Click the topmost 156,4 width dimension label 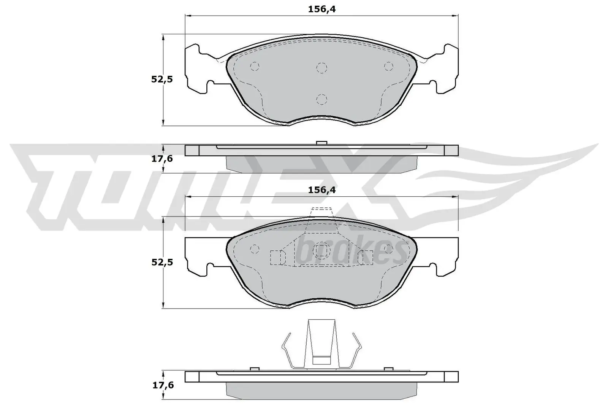point(321,10)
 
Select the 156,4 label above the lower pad point(321,190)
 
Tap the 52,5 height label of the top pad point(162,80)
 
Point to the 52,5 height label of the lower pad point(162,262)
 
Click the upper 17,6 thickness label point(162,159)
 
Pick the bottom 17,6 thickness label point(162,385)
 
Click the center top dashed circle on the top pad point(322,68)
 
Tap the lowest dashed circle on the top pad point(322,99)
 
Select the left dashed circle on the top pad point(255,67)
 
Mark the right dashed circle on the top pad point(388,67)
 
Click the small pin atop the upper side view point(322,143)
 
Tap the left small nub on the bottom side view point(255,369)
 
